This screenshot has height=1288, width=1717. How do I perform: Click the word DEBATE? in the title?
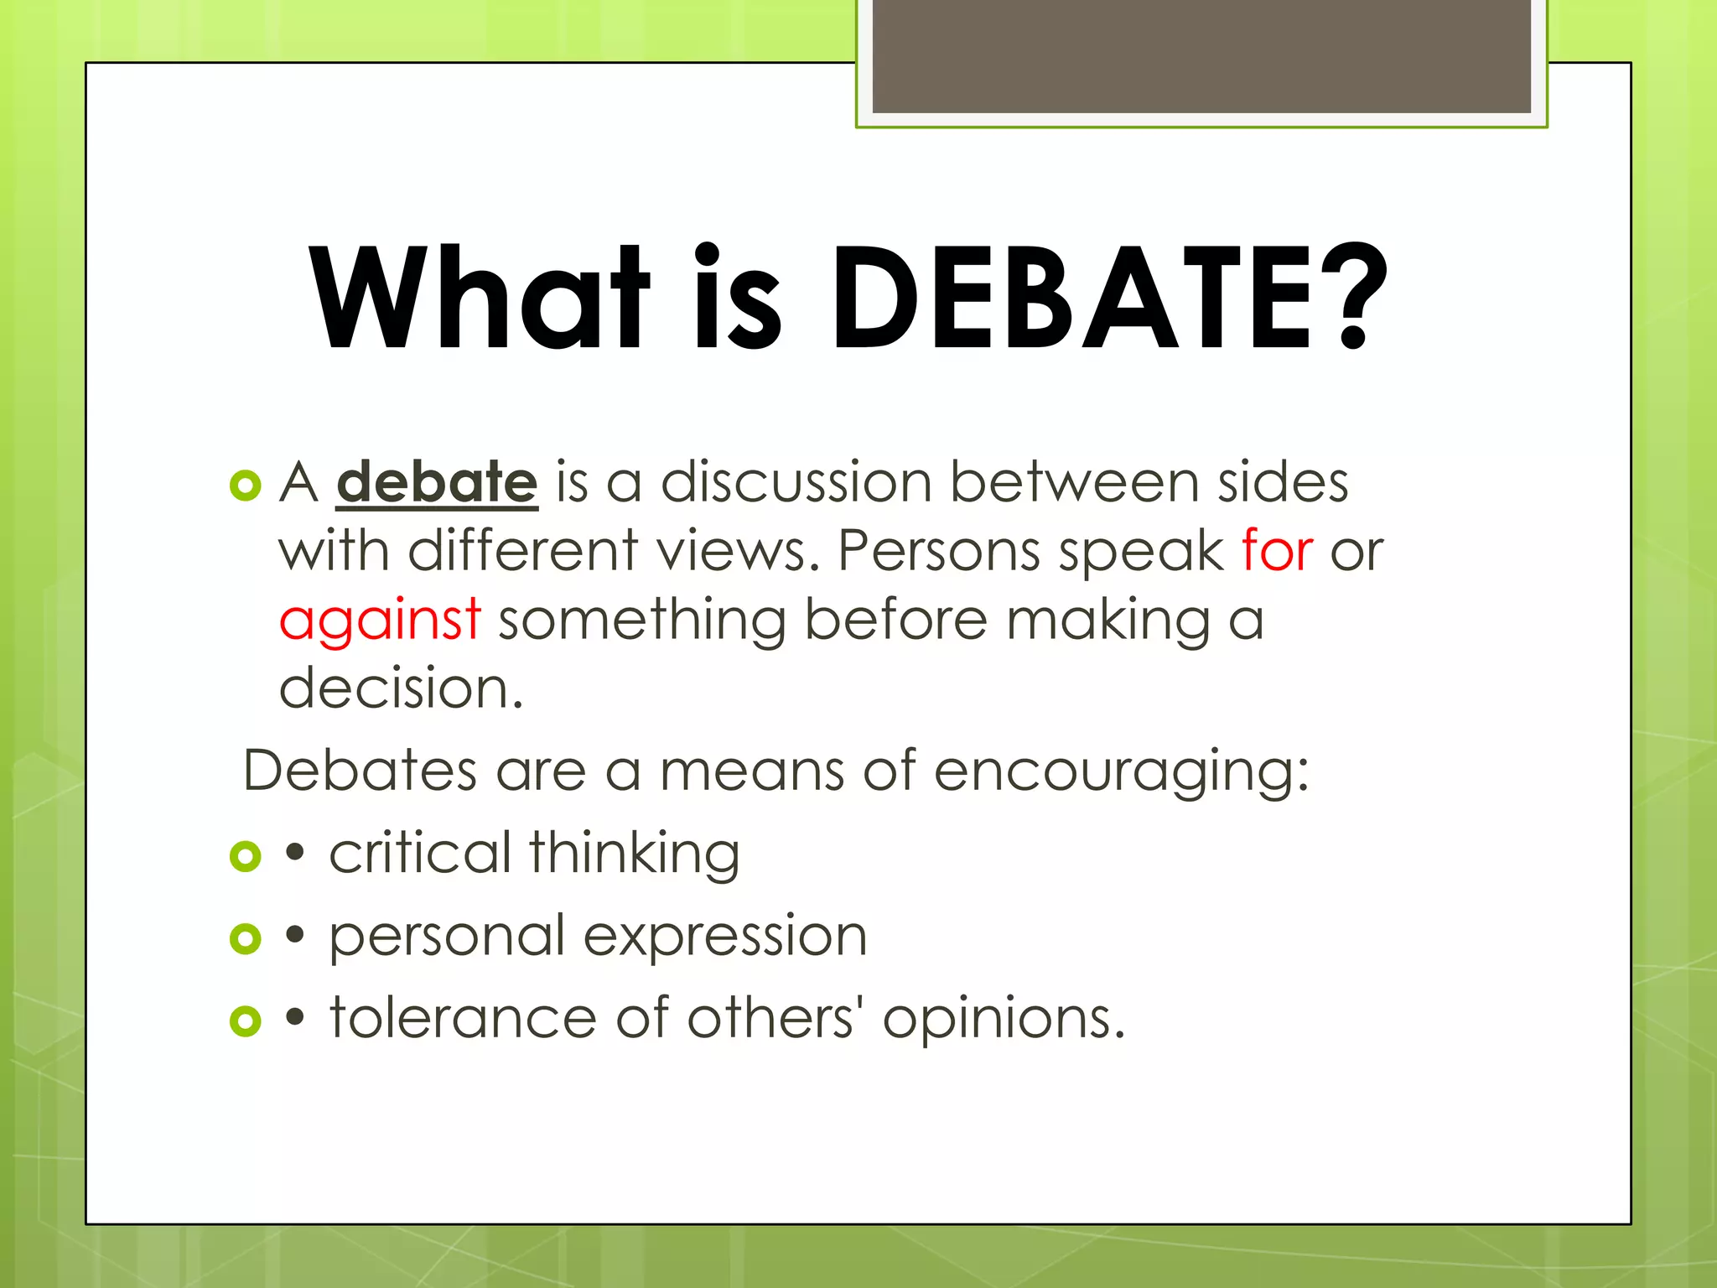(x=1108, y=298)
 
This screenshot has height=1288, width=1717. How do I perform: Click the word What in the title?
(x=479, y=298)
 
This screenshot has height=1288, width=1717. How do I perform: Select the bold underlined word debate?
(x=436, y=484)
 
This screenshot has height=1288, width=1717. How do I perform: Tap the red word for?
(x=1277, y=552)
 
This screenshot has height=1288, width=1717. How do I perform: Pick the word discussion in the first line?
(x=796, y=484)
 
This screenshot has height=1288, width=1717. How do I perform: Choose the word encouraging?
(x=1121, y=771)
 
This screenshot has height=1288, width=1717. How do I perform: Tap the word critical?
(x=420, y=854)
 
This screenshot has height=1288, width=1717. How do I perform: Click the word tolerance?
(x=463, y=1019)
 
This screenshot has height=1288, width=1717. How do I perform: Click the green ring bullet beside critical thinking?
(x=246, y=856)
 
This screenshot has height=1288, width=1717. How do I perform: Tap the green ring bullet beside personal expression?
(x=246, y=938)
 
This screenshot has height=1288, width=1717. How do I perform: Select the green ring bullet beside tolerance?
(x=246, y=1021)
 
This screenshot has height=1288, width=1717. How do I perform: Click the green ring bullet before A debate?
(x=246, y=486)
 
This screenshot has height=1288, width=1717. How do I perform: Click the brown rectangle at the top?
(x=1201, y=56)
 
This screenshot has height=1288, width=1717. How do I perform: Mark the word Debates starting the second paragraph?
(x=360, y=771)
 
